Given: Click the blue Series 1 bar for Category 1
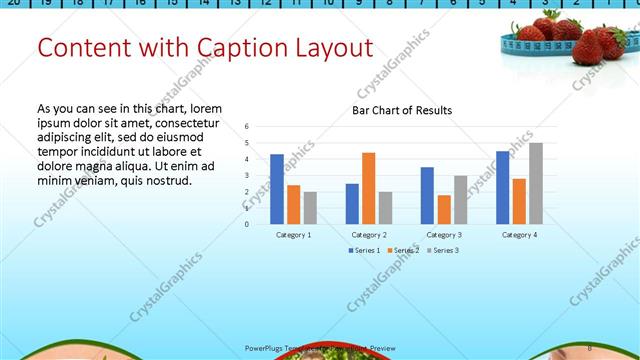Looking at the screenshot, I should coord(276,189).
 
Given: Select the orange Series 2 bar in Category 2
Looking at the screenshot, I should coord(368,188).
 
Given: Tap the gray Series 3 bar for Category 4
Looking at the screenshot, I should coord(536,183).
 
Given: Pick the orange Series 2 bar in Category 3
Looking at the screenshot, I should coord(444,209).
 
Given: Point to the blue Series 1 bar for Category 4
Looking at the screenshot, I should coord(502,187).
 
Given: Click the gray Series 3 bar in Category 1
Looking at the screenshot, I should coord(310,208).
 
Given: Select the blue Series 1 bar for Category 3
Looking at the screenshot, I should coord(427,195).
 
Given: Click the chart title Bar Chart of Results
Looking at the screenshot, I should coord(402,110).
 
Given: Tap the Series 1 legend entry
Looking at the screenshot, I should coord(362,250).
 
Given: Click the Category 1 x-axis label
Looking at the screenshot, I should coord(293,234).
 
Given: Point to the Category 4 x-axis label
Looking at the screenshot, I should coord(519,234).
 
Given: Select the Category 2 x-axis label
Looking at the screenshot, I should coord(369,234).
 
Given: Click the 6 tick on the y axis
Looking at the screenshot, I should coord(247,127).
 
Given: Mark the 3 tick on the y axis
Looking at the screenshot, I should coord(247,176).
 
